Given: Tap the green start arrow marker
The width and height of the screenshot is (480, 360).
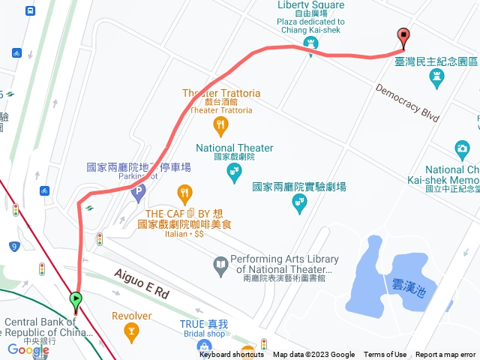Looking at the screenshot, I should [x=76, y=301].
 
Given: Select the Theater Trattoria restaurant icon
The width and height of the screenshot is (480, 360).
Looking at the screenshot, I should [x=220, y=124].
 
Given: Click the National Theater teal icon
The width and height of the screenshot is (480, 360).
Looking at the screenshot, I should [x=234, y=173].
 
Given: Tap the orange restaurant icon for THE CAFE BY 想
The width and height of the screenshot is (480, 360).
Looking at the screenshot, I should [x=184, y=195].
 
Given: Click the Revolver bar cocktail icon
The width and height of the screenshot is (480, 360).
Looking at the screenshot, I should [x=132, y=331].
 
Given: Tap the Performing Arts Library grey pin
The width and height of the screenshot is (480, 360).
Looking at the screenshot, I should [x=220, y=264].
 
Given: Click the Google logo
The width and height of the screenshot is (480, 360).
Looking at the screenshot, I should [x=28, y=349].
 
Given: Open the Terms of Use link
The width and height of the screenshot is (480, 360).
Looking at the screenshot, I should [x=385, y=355].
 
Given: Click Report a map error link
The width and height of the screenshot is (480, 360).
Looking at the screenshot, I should [x=445, y=355].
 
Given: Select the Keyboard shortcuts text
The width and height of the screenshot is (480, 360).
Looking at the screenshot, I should [x=232, y=355].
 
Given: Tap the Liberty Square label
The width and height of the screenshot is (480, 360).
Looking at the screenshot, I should [x=311, y=4].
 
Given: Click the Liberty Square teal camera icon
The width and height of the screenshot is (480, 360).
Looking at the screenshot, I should [x=310, y=44].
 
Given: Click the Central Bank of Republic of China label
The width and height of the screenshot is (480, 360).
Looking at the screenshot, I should [x=50, y=327].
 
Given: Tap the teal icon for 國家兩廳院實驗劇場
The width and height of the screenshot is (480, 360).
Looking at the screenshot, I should [x=300, y=203].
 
